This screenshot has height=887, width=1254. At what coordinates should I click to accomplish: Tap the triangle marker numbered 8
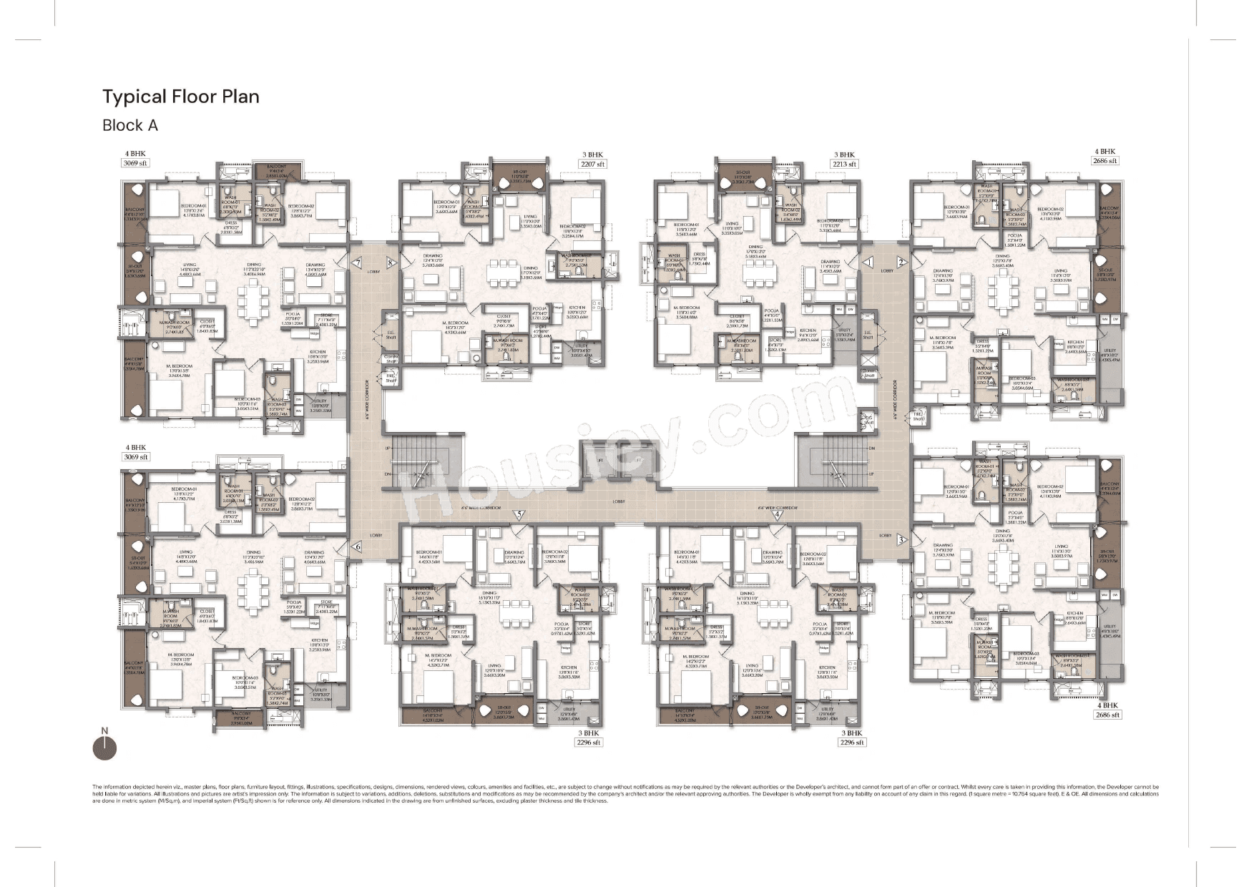point(391,263)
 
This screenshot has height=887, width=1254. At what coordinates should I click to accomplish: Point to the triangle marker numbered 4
point(777,514)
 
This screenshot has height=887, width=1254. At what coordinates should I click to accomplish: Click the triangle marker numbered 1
point(868,263)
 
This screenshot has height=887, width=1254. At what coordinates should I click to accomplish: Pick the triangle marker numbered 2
point(901,263)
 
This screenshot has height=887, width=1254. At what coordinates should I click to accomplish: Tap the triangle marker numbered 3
point(901,539)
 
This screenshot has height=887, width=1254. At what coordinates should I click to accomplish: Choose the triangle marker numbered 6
point(358,547)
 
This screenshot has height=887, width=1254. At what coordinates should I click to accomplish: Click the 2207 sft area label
point(592,164)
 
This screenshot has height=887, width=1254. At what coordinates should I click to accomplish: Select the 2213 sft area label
point(845,164)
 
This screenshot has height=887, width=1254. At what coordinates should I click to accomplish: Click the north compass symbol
point(104,746)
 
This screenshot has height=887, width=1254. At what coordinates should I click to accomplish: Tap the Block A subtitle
point(129,125)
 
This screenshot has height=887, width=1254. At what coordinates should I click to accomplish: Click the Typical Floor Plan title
point(180,97)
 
